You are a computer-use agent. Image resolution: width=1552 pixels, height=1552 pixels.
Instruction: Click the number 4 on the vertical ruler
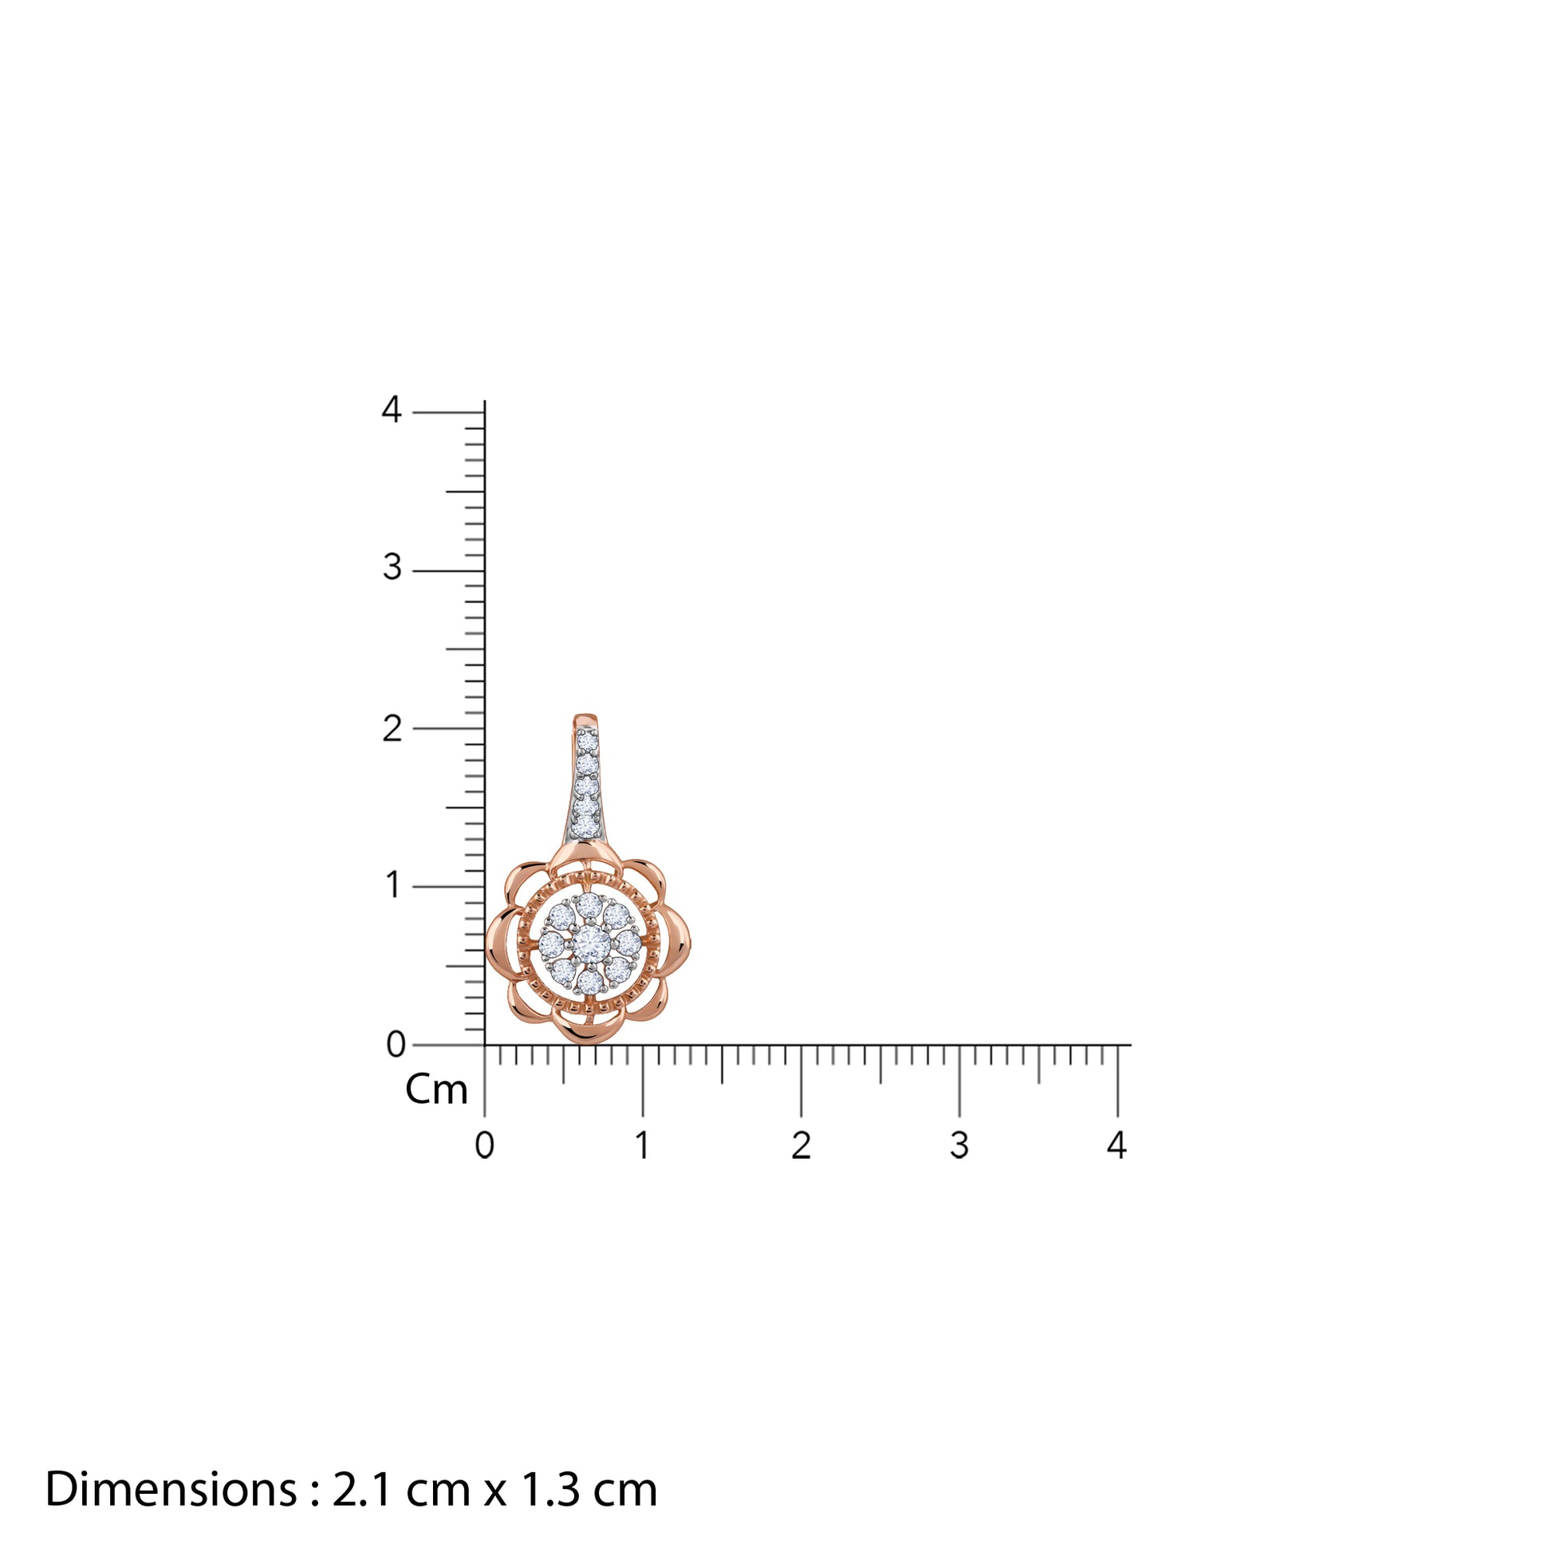[x=392, y=410]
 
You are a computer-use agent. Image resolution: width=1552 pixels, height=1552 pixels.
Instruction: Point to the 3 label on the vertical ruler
[x=392, y=568]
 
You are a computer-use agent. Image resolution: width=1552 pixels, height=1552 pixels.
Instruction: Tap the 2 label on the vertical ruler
[x=392, y=729]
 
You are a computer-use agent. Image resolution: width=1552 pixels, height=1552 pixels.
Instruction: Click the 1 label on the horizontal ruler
[x=643, y=1145]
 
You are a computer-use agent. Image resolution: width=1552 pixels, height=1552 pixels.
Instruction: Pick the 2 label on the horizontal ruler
[x=801, y=1145]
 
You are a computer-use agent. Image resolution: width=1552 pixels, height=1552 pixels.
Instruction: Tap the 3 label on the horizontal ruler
[x=959, y=1145]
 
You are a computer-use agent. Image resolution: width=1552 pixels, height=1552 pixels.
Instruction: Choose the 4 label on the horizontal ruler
[x=1117, y=1145]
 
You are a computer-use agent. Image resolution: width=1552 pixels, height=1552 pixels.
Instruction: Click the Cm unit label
[x=436, y=1090]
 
